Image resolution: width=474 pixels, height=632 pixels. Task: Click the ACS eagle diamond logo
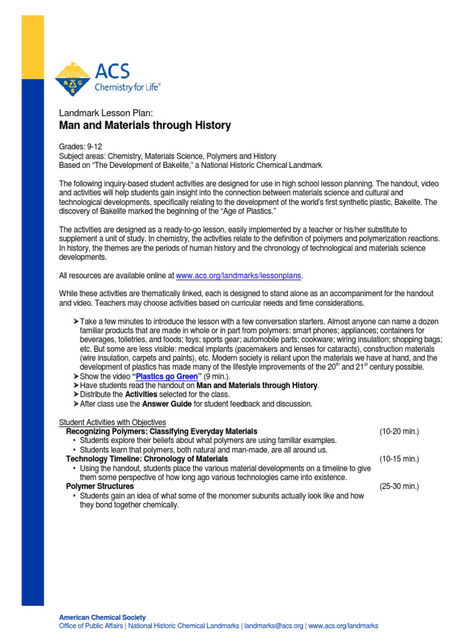click(73, 79)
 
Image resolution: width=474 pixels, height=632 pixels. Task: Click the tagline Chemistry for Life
click(127, 88)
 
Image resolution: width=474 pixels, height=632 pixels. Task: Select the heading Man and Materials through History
click(144, 125)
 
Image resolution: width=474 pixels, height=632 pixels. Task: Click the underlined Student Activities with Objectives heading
click(112, 422)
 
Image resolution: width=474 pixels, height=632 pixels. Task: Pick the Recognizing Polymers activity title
click(162, 431)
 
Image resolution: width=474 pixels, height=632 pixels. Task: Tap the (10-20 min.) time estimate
click(399, 431)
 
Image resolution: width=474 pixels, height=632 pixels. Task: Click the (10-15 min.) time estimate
click(399, 459)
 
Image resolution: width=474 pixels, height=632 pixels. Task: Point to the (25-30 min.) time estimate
click(399, 486)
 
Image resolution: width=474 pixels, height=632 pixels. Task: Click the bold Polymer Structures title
click(100, 486)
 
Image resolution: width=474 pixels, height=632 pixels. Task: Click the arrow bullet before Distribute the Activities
click(75, 394)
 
